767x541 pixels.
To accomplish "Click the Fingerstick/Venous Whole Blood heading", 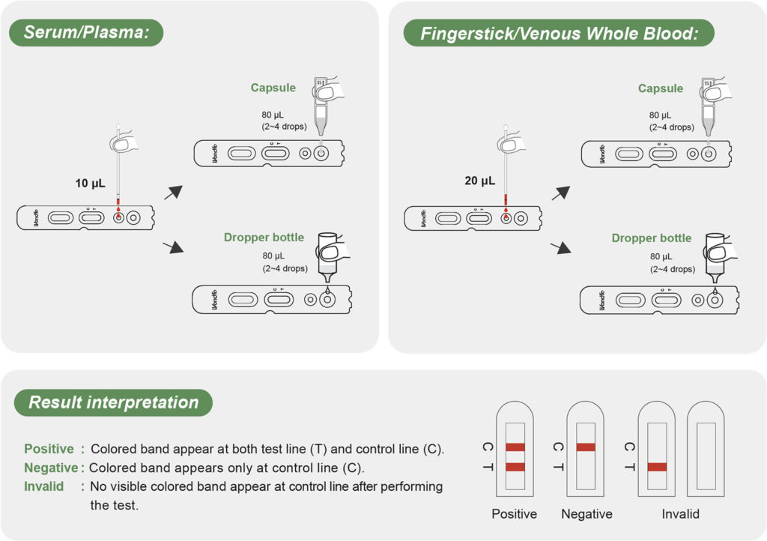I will (x=558, y=33).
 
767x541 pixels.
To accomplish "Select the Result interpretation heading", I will (x=113, y=402).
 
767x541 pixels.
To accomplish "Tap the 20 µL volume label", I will (x=479, y=181).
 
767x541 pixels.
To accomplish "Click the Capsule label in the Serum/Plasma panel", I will (x=273, y=88).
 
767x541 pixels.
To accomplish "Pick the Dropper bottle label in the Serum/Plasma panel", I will (x=264, y=238).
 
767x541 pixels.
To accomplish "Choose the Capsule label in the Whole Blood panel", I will (x=660, y=88).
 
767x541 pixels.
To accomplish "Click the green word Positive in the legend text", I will (x=49, y=449).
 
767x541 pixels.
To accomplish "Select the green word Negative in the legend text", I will (x=51, y=468).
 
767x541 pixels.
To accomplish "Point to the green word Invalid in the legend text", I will (x=44, y=486).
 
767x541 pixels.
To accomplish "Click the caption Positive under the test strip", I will (x=515, y=514).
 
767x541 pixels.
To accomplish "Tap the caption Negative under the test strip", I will (x=586, y=514).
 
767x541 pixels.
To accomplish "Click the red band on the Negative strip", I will (x=586, y=447).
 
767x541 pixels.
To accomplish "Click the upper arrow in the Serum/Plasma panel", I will (x=173, y=191).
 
